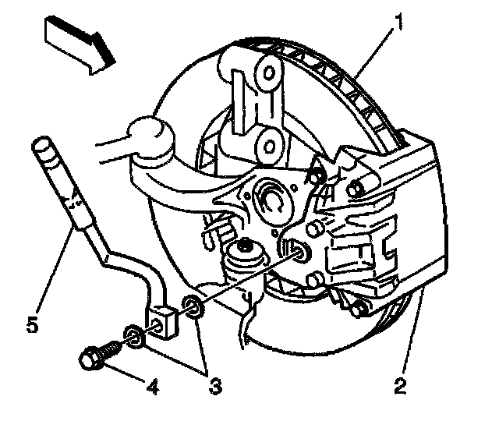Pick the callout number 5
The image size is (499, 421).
click(30, 323)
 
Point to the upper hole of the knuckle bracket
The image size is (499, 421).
click(267, 74)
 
